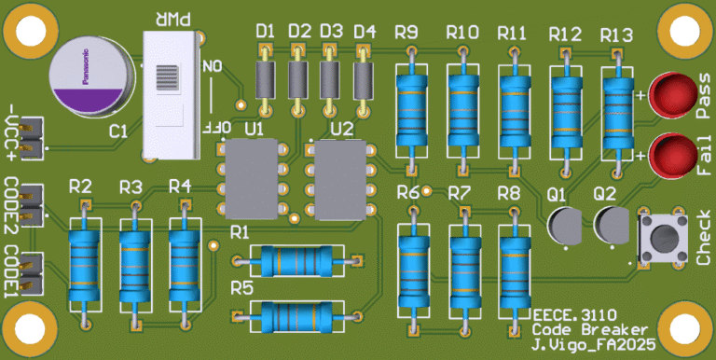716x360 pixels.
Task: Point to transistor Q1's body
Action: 565,225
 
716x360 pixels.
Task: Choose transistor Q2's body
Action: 612,225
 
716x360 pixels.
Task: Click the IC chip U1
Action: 252,179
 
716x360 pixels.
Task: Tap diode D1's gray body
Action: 265,79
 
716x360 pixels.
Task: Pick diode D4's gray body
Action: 364,80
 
